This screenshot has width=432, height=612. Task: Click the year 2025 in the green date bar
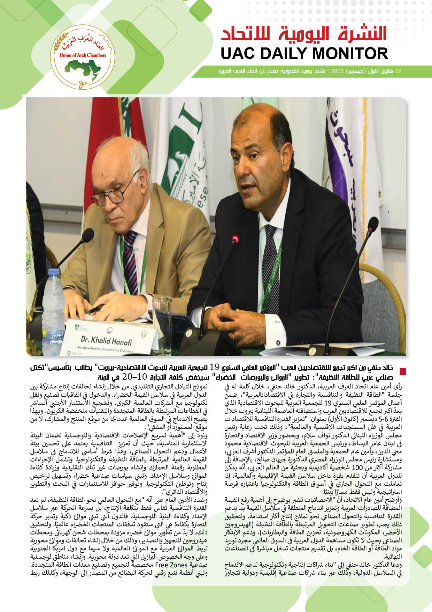[337, 71]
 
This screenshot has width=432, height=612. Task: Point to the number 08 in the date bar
[398, 71]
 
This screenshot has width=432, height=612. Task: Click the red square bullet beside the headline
[403, 372]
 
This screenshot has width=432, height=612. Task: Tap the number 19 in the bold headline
[215, 367]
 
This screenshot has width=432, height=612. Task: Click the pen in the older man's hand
[94, 309]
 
